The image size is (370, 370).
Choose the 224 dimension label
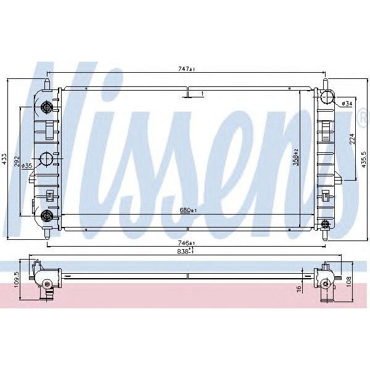tap(351, 139)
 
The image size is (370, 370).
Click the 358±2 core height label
tap(295, 158)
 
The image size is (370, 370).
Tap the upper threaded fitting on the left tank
tap(46, 109)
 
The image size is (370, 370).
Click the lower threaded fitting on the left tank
tap(46, 215)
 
